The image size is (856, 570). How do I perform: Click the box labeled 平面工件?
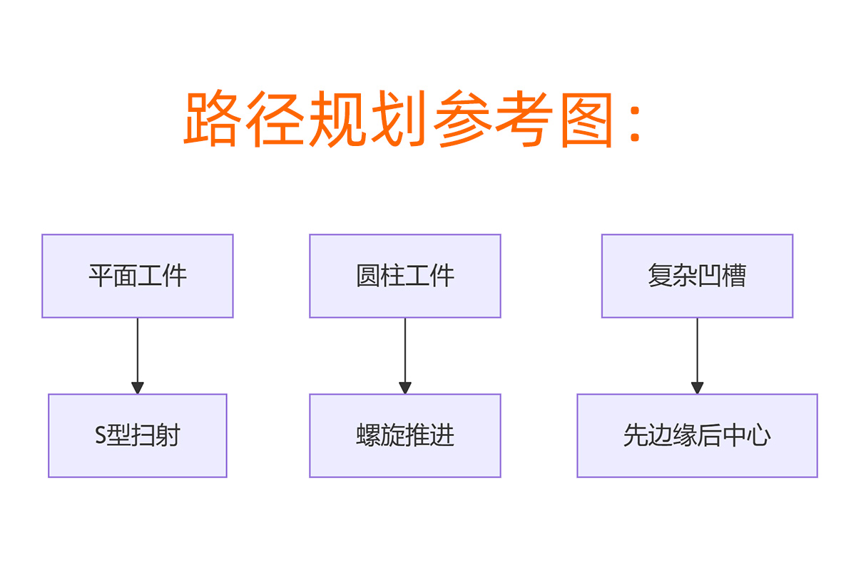point(138,276)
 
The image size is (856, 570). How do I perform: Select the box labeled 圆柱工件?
point(405,276)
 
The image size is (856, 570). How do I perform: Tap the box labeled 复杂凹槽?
point(697,276)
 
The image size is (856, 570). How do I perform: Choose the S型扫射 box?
point(138,435)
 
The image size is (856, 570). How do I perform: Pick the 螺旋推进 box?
point(405,435)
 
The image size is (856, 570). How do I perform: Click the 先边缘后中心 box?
point(697,435)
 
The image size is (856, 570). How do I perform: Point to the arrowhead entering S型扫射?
point(138,388)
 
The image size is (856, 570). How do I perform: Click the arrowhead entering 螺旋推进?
point(405,388)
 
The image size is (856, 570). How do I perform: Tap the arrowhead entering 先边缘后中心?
point(697,388)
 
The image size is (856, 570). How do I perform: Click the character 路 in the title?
point(211,120)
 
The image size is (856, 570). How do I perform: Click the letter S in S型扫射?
point(101,436)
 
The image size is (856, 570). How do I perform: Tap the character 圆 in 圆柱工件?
point(368,276)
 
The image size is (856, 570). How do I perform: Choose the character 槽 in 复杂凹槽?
point(734,276)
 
